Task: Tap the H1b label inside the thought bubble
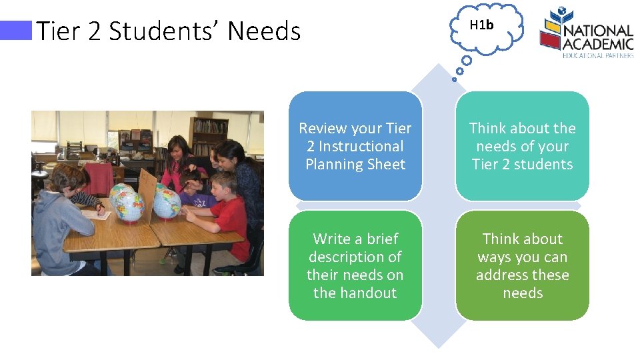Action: pos(481,25)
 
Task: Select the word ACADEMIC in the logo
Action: pos(598,43)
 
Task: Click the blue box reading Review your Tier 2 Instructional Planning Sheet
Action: pos(355,146)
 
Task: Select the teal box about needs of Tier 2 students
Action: pos(523,146)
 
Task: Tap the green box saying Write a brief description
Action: pos(355,265)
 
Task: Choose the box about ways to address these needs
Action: pos(523,265)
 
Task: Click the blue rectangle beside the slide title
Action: pos(16,31)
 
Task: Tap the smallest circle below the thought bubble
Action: pos(455,79)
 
